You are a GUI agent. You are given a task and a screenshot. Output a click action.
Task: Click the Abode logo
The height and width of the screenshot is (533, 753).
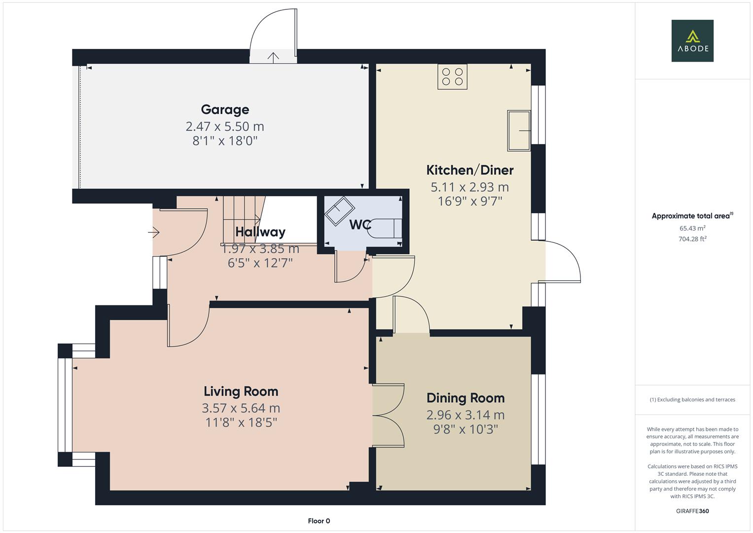click(x=692, y=40)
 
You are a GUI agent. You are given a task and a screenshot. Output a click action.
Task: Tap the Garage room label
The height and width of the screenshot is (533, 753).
click(x=225, y=110)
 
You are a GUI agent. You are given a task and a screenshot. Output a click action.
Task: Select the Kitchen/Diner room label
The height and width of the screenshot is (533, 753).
click(x=469, y=170)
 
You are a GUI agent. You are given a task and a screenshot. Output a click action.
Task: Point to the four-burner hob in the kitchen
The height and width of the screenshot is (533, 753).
click(x=452, y=76)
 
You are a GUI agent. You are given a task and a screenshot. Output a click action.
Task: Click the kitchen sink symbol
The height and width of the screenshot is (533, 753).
click(x=518, y=131)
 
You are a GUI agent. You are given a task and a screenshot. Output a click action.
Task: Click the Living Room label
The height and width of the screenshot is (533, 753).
click(x=241, y=391)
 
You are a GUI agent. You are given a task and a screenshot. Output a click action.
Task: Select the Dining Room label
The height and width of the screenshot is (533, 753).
click(x=465, y=398)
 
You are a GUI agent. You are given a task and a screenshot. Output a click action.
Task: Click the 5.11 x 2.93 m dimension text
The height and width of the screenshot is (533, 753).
click(x=469, y=187)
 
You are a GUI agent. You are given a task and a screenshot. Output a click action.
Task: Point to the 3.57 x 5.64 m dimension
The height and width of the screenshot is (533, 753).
click(x=241, y=408)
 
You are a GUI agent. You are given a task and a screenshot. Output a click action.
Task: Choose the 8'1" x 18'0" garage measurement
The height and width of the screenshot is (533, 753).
click(x=225, y=141)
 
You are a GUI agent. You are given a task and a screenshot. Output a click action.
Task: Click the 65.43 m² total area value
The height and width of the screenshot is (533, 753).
click(x=692, y=228)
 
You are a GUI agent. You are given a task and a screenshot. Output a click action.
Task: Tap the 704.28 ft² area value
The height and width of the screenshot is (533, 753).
click(x=692, y=239)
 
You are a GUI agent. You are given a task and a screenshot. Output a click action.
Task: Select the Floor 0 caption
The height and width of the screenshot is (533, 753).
click(x=319, y=521)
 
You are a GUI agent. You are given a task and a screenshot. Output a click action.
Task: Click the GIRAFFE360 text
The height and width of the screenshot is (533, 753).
click(x=692, y=511)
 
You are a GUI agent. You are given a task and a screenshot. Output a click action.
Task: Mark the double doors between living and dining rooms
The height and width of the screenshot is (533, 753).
click(x=388, y=416)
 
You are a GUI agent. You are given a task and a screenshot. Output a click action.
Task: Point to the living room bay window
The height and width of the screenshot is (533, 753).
click(x=65, y=405)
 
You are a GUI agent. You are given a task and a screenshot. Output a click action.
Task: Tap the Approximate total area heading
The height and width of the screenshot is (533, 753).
click(x=692, y=216)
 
